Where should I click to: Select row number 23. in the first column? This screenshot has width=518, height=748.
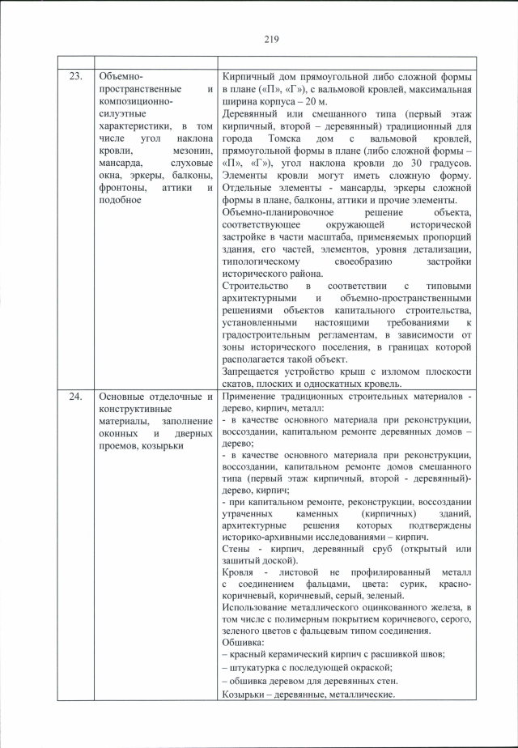75,76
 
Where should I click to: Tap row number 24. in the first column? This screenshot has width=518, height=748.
75,397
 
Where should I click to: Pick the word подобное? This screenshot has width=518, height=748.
120,202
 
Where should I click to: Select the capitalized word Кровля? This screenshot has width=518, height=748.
240,573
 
